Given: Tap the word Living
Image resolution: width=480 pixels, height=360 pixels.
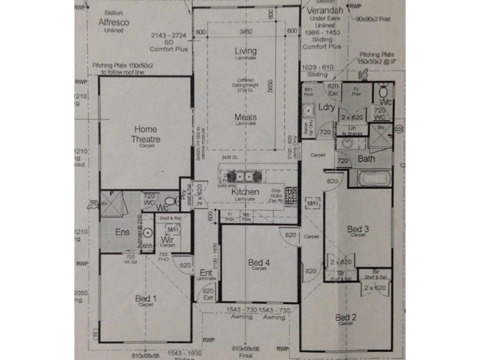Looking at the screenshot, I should [245, 52].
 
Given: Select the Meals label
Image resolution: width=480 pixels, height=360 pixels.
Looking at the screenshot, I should [245, 117].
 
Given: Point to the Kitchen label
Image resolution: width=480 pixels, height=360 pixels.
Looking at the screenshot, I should [245, 192].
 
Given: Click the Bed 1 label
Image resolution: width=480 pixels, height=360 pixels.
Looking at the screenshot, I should [146, 298].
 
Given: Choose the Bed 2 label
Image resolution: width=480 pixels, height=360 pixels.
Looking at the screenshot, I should [346, 317].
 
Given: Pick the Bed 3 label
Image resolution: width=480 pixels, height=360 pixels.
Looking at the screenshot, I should [358, 229].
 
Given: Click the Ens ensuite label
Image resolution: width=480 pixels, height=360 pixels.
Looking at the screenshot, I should [122, 232].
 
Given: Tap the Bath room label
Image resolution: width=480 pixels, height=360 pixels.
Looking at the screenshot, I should [367, 159].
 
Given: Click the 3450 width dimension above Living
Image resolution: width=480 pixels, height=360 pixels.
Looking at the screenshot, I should [245, 31].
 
